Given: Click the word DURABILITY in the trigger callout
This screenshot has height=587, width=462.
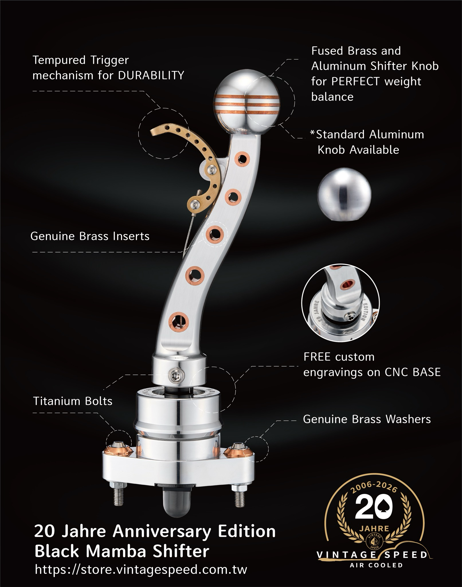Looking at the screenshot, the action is [x=151, y=75].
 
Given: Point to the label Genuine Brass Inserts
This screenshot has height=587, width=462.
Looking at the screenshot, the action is [x=90, y=236].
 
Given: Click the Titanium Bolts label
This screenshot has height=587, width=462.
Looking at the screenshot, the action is [x=73, y=401].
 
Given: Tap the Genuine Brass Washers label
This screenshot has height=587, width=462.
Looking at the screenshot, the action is [x=367, y=419].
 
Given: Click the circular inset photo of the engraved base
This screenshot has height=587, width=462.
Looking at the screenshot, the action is [x=340, y=303].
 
